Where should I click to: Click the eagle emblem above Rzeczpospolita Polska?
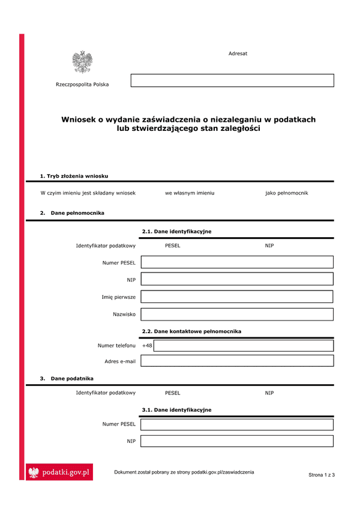[82, 62]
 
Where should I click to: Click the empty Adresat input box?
[232, 80]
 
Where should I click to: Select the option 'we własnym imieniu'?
[190, 193]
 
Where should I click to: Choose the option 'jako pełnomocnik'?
[286, 193]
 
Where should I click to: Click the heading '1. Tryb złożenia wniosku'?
[74, 176]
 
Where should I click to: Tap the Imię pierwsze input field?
[237, 297]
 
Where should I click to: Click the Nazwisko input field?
[237, 314]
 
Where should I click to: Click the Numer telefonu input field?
[244, 345]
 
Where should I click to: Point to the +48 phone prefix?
[147, 346]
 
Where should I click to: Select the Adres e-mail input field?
[237, 361]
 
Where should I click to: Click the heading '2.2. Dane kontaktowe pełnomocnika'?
[191, 331]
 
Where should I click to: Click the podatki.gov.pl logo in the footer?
[60, 473]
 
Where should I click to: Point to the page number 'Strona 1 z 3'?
[322, 475]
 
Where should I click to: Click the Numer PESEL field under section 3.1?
[237, 424]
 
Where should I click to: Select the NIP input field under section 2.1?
[237, 279]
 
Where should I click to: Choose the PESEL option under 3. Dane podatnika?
[172, 393]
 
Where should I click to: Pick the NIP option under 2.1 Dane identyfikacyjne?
[269, 245]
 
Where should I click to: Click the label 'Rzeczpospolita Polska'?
[82, 85]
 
